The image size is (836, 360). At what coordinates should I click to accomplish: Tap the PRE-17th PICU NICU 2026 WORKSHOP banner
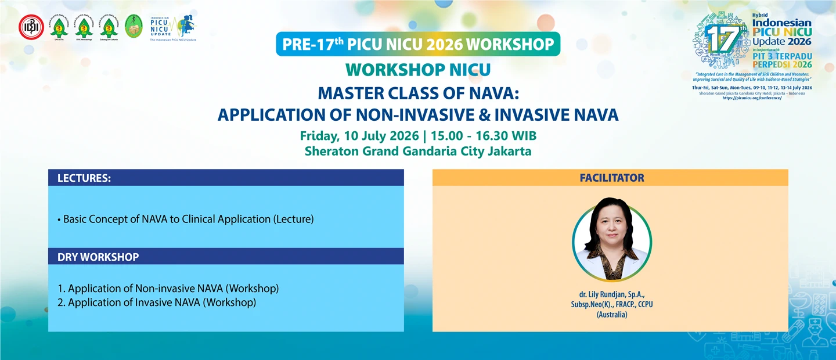coord(418,45)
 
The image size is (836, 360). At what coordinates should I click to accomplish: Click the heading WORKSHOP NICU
coord(418,70)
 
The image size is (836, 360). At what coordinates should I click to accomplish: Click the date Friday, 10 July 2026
coord(359,136)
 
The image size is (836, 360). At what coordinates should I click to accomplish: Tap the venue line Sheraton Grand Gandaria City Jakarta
coord(418,152)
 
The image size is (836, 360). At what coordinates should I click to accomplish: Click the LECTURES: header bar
coord(226,178)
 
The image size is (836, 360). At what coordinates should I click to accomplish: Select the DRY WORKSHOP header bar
coord(226,256)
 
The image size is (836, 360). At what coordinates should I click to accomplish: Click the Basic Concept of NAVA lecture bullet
coord(186,219)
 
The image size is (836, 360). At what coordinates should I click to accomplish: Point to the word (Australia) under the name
coord(611,315)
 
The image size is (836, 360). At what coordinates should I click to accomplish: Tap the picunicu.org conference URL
coord(752,98)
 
